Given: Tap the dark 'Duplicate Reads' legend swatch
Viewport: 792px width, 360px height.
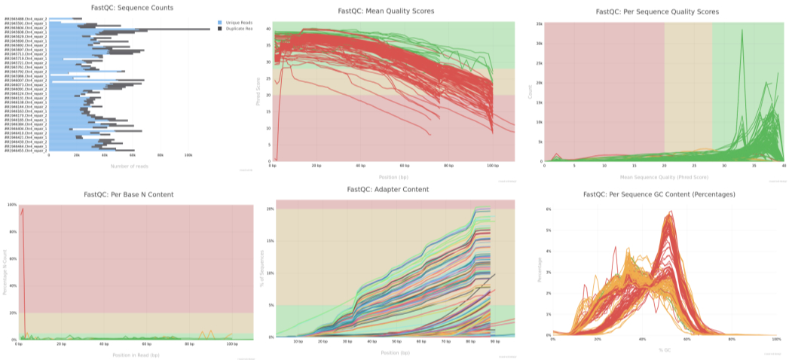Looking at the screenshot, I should click(x=219, y=28).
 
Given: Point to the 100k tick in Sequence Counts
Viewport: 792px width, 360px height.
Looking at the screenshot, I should click(x=188, y=155).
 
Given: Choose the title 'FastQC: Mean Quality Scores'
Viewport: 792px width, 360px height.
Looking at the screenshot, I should click(x=392, y=11).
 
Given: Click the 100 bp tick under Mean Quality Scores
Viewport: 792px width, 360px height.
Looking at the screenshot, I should click(x=493, y=166).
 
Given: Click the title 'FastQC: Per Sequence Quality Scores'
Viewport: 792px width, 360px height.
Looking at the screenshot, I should click(x=657, y=11).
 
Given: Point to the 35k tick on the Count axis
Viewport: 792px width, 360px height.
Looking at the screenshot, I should click(x=539, y=23).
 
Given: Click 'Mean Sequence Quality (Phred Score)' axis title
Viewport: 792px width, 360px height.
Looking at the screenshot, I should click(x=664, y=175).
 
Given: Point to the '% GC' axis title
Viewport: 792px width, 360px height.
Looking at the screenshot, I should click(x=665, y=349).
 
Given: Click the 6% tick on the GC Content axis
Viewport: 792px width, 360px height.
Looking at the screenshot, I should click(x=548, y=209).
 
